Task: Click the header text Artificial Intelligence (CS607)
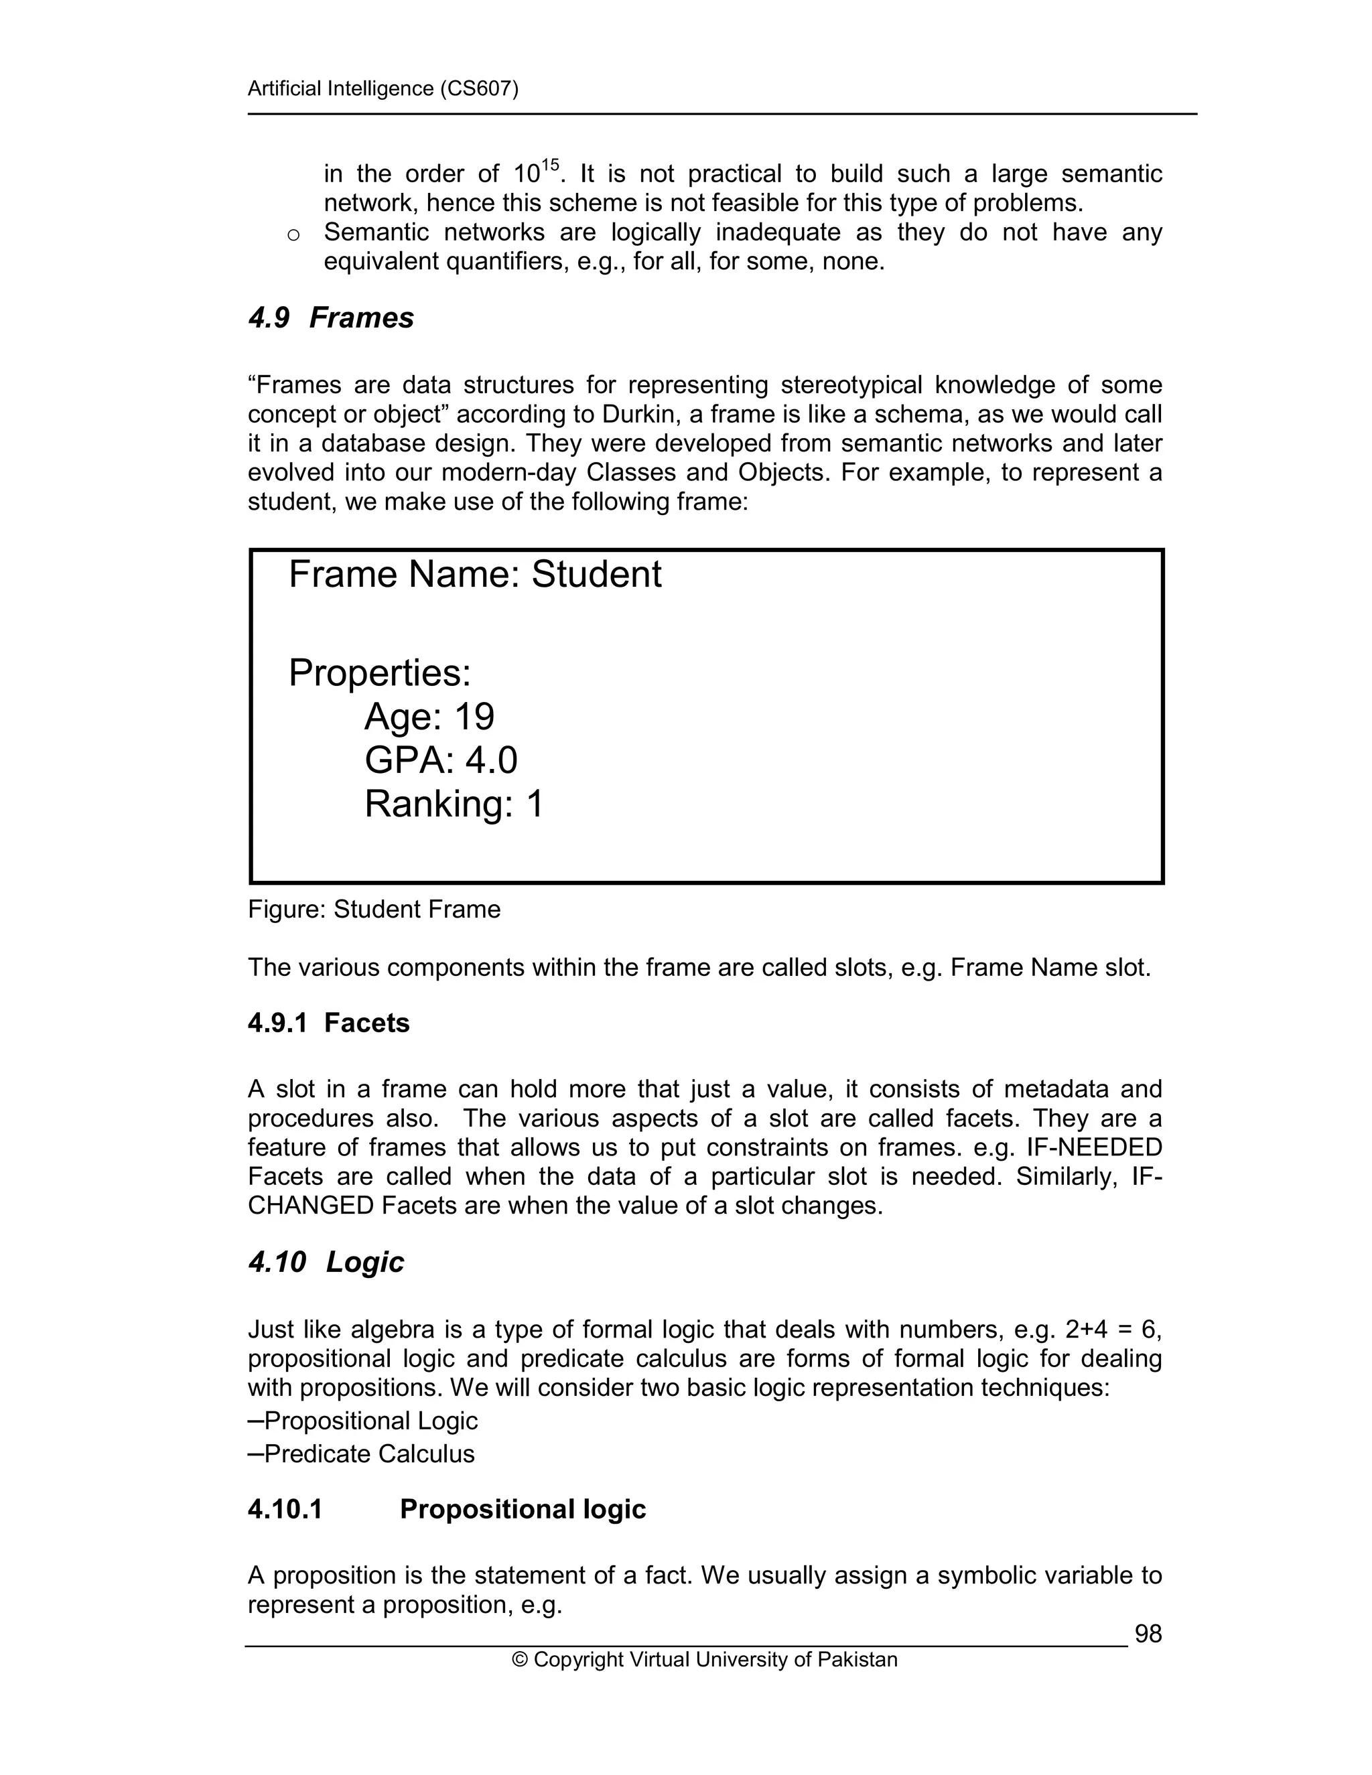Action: tap(383, 88)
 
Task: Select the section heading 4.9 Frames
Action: tap(331, 317)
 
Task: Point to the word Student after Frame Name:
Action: tap(597, 575)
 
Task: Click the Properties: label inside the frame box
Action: tap(380, 673)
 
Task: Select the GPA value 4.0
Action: tap(491, 761)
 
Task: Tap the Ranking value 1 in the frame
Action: tap(534, 804)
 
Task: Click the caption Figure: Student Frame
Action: tap(374, 910)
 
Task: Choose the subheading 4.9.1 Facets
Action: tap(328, 1023)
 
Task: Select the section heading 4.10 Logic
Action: tap(326, 1262)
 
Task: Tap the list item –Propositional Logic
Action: tap(362, 1421)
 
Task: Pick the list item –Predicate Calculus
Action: tap(361, 1453)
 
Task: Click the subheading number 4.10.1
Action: tap(285, 1509)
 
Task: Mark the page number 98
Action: tap(1148, 1634)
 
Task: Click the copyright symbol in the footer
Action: tap(519, 1660)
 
